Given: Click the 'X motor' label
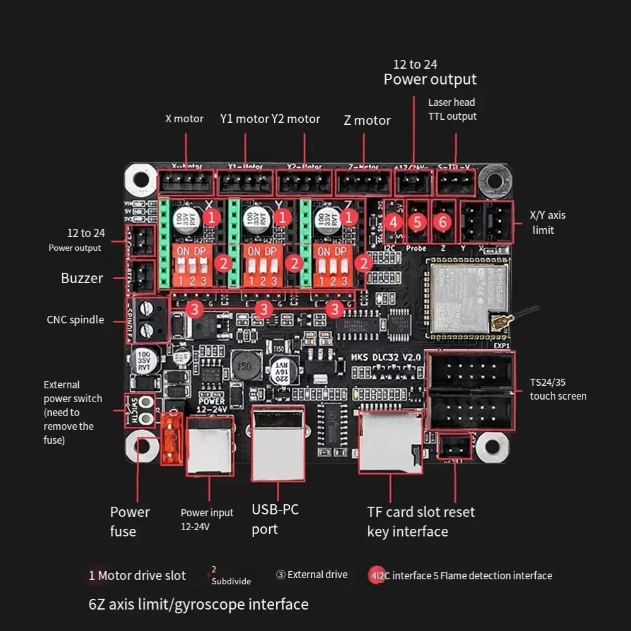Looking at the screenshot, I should point(184,119).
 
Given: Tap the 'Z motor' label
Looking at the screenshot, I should point(367,120).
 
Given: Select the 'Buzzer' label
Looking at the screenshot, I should point(82,278).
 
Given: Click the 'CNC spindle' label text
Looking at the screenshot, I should point(75,320).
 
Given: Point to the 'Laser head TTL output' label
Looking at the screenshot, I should point(452,109).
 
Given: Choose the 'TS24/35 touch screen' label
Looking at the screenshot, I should point(558,390).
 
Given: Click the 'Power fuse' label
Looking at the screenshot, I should point(130,521).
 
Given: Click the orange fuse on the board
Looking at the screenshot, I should point(171,437).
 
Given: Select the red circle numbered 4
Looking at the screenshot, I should point(394,222).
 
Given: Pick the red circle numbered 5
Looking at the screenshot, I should point(418,222).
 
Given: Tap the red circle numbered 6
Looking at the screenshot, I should point(443,222).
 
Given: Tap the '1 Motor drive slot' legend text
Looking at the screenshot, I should point(137,575).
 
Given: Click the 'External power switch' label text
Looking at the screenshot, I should point(72,412).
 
